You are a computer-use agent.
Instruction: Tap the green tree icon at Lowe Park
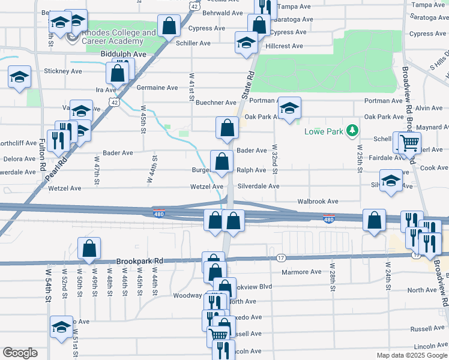(354, 130)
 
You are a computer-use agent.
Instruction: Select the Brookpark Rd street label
(142, 262)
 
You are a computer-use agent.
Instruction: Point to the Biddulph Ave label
(123, 54)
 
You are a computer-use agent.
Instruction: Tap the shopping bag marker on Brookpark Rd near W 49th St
(89, 250)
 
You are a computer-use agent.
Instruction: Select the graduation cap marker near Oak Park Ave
(289, 109)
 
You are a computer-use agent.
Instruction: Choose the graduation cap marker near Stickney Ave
(19, 77)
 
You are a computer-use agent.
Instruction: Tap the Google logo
(20, 353)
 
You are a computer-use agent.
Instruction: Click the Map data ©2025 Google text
(412, 355)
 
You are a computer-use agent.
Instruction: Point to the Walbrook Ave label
(320, 202)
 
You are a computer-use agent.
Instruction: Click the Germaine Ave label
(157, 88)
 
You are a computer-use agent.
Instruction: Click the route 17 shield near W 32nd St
(280, 258)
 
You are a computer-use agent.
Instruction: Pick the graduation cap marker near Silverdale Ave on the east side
(391, 181)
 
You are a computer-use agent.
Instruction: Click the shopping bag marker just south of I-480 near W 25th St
(375, 221)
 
